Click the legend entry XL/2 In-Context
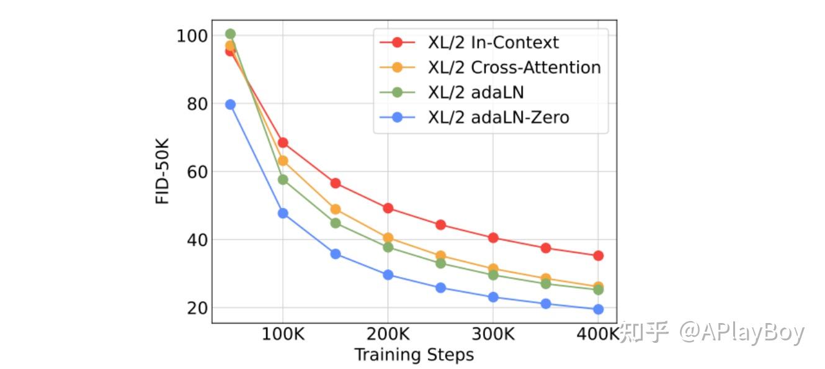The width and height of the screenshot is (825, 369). (493, 42)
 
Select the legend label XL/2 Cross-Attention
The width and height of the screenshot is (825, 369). (514, 67)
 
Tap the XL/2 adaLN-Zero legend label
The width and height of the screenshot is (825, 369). (498, 117)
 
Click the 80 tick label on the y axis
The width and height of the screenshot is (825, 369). (197, 104)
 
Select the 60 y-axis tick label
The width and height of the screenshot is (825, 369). (197, 171)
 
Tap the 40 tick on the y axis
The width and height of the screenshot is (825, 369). (197, 240)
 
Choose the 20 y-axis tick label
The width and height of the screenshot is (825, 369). (197, 308)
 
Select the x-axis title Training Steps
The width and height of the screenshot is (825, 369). (414, 355)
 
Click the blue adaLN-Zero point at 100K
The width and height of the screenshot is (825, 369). (283, 213)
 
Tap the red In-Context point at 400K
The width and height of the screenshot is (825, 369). (598, 255)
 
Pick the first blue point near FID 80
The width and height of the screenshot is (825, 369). (230, 104)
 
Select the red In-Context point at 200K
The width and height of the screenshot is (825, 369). (388, 208)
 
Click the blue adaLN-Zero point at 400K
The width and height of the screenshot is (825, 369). (598, 309)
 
